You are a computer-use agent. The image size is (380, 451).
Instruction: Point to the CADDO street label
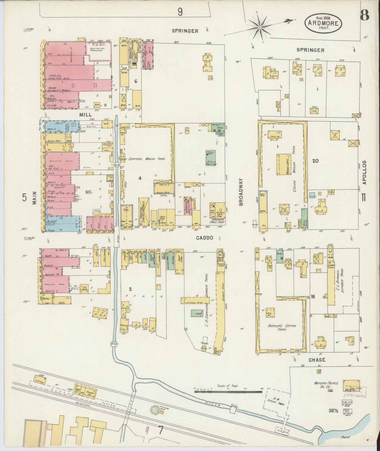point(205,238)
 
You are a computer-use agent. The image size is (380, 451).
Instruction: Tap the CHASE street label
point(317,360)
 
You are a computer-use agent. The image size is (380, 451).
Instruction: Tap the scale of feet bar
point(228,392)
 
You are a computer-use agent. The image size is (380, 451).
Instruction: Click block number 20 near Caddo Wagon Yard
point(315,161)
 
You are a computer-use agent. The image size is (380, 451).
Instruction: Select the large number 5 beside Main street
point(24,197)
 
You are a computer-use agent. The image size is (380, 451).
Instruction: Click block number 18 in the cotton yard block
point(313,297)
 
